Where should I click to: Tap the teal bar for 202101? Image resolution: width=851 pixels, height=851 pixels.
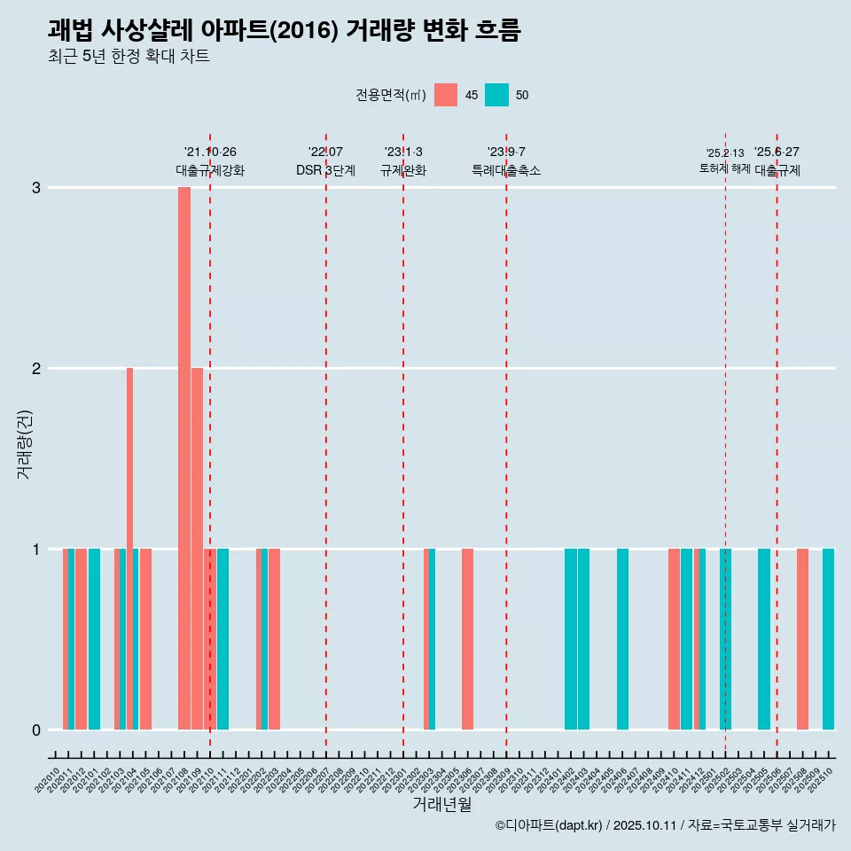[x=94, y=638]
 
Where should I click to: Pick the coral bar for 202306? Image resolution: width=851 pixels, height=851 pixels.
[x=467, y=638]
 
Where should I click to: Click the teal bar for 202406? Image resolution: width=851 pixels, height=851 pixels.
[x=622, y=638]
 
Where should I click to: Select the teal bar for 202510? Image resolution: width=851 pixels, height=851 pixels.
[x=828, y=638]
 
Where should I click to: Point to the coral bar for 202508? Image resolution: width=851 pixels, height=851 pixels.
[x=802, y=638]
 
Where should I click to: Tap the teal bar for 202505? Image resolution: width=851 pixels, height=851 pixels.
[x=764, y=638]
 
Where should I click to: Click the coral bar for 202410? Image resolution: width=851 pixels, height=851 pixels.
[x=674, y=638]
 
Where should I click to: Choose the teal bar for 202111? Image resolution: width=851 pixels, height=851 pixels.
[x=223, y=638]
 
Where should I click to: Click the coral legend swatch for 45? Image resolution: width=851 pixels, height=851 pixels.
[x=446, y=95]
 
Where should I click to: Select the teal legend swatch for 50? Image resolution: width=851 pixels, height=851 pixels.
[x=496, y=95]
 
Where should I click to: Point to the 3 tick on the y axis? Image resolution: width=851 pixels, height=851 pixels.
[x=36, y=188]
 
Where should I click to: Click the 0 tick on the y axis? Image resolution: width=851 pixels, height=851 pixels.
[x=36, y=730]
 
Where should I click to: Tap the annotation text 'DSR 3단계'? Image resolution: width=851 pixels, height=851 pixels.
[x=325, y=170]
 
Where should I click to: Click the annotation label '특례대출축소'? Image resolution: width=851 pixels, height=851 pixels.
[x=505, y=170]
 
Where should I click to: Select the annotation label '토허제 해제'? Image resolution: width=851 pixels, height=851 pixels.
[x=724, y=168]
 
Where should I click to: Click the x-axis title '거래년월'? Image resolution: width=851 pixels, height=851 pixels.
[x=441, y=804]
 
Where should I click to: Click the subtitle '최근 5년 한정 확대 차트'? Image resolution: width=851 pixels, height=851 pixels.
[x=129, y=57]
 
